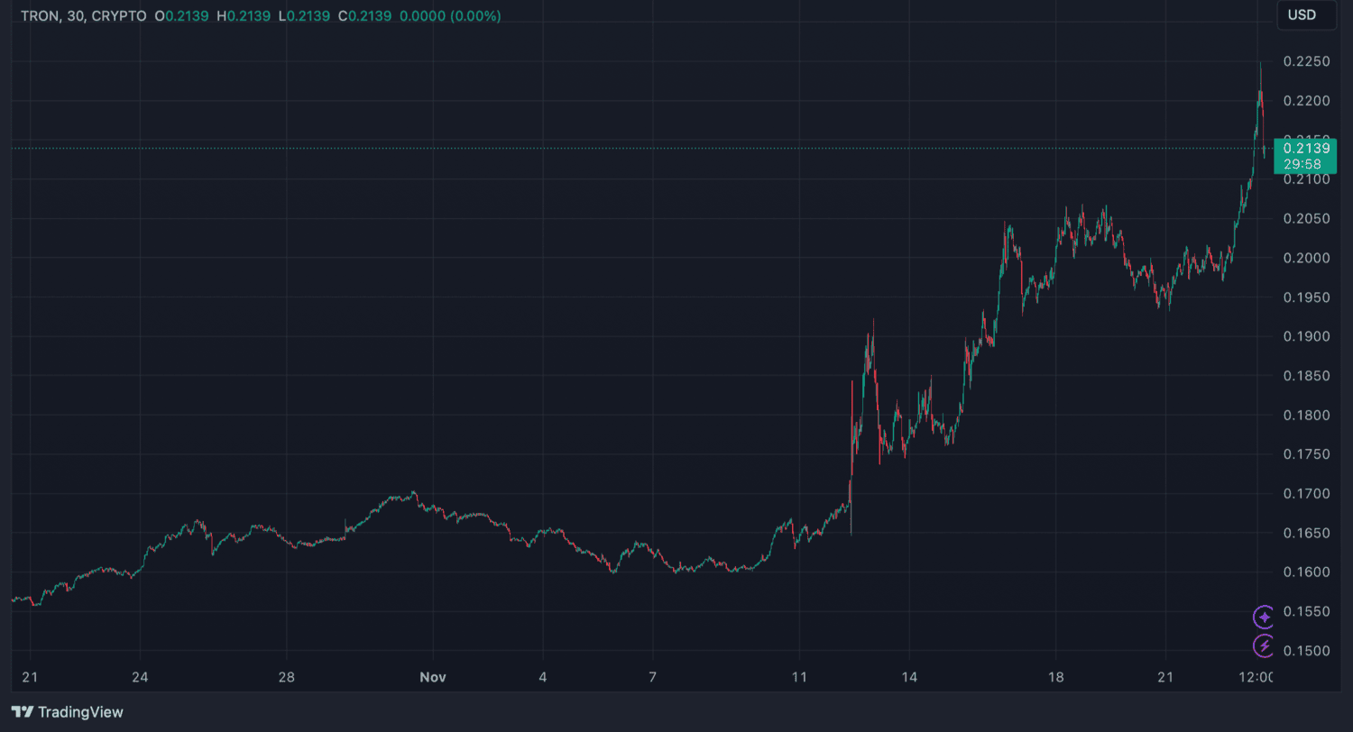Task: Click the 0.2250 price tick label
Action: (x=1307, y=62)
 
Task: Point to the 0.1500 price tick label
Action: (x=1307, y=651)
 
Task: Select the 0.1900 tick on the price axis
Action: (x=1307, y=337)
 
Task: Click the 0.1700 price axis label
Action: (x=1307, y=494)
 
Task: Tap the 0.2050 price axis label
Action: (x=1307, y=219)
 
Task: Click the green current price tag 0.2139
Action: (x=1311, y=155)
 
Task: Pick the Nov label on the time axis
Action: (x=433, y=677)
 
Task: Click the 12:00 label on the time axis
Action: (x=1256, y=677)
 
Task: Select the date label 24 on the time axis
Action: (x=140, y=677)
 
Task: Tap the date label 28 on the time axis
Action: (x=287, y=677)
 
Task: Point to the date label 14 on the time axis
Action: (x=909, y=677)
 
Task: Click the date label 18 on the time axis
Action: (x=1056, y=677)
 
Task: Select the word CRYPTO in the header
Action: (x=119, y=16)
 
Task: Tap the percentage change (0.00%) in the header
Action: (x=471, y=16)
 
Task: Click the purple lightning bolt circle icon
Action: (x=1265, y=645)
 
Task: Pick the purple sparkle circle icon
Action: (x=1265, y=617)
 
